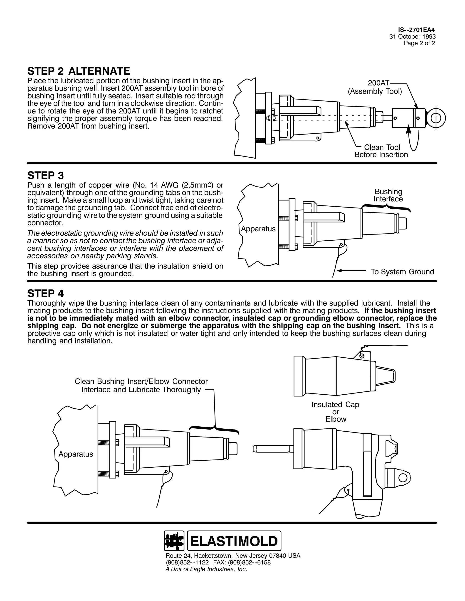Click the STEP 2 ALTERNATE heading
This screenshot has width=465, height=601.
click(x=79, y=71)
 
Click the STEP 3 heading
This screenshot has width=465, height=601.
click(x=45, y=176)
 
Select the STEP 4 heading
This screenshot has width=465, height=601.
click(x=45, y=294)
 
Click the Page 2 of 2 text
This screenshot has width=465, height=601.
click(x=419, y=43)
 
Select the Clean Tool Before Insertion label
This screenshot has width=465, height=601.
click(x=381, y=151)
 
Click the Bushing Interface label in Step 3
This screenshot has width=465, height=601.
click(x=388, y=195)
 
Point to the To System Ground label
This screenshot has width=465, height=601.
click(x=402, y=272)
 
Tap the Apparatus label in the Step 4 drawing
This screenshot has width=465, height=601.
click(x=76, y=454)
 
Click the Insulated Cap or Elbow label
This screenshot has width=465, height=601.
click(x=335, y=412)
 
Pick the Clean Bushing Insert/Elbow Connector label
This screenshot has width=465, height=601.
click(x=141, y=386)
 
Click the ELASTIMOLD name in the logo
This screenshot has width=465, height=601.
click(x=234, y=541)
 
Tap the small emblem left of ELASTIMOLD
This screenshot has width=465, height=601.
click(x=174, y=541)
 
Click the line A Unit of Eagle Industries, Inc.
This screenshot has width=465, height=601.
click(x=206, y=569)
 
